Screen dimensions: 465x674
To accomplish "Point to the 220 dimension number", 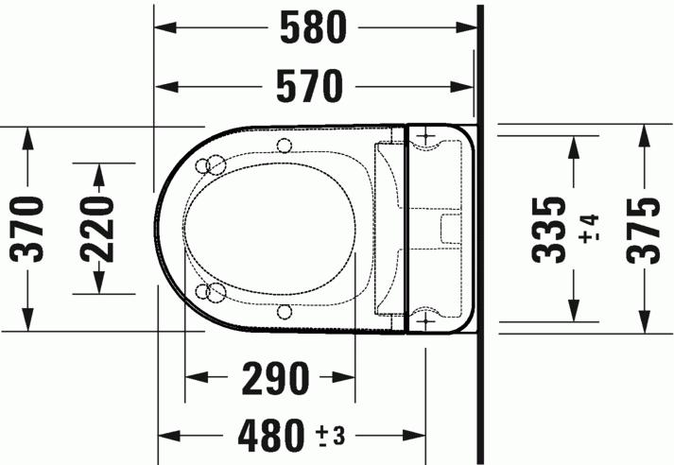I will (97, 229).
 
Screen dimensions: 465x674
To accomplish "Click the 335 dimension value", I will (550, 229).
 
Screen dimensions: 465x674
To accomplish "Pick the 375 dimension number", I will (646, 229).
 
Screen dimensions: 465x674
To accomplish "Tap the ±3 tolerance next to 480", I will (330, 437).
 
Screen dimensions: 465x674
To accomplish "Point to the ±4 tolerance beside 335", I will (589, 229).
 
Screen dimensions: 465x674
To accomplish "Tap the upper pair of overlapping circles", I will (212, 165).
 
